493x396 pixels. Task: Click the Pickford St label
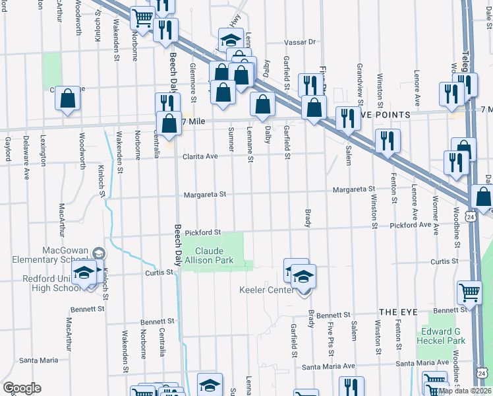202,232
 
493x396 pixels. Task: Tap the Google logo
22,388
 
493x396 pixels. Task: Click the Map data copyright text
465,391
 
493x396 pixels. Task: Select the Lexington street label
43,151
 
